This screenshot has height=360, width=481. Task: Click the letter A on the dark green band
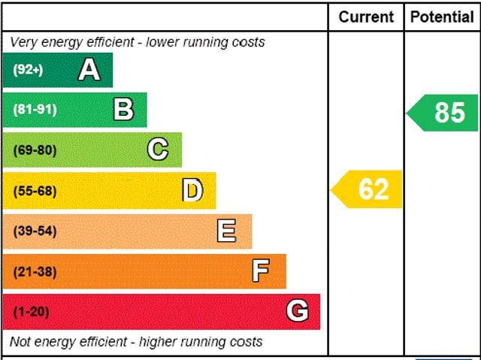tap(89, 70)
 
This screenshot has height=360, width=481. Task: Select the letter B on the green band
tap(123, 110)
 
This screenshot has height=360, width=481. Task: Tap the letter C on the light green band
tap(158, 150)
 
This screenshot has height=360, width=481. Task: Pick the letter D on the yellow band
tap(193, 191)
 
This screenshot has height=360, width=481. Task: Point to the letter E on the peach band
tap(226, 231)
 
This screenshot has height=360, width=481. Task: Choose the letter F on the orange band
tap(261, 271)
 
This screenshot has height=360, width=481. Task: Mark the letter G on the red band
tap(298, 311)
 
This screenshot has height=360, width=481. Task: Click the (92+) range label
tap(29, 70)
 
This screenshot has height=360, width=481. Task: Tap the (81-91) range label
tap(35, 110)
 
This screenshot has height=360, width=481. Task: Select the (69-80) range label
tap(35, 150)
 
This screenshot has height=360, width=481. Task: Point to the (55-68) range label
tap(35, 191)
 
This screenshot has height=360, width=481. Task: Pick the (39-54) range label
tap(35, 231)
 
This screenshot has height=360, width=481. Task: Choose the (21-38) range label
tap(35, 271)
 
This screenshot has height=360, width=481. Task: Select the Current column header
tap(366, 17)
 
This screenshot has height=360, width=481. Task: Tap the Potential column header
tap(442, 17)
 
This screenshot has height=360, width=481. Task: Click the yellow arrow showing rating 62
tap(368, 189)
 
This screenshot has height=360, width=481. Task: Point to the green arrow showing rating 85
tap(443, 113)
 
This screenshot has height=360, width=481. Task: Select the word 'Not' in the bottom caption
tap(21, 342)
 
